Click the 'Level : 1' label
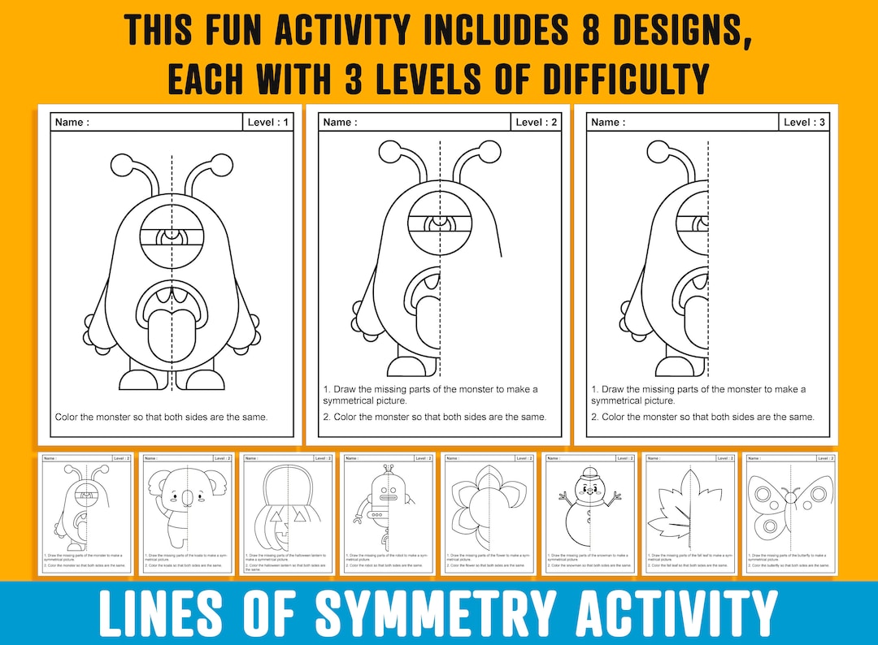point(267,123)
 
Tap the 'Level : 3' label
point(804,123)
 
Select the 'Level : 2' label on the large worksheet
point(537,123)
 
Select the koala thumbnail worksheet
point(187,513)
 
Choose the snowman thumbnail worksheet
point(589,513)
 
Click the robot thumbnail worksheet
point(388,513)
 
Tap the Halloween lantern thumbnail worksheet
point(287,513)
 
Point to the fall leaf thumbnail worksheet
point(690,513)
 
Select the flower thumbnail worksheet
point(489,513)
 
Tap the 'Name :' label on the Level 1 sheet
point(72,123)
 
